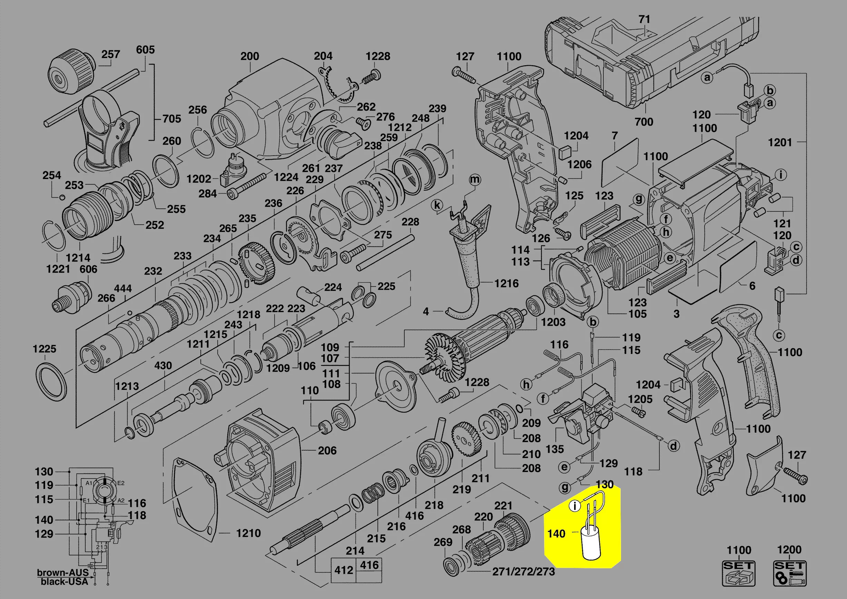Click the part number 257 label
point(111,54)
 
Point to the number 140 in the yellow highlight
point(556,534)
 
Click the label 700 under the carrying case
point(644,122)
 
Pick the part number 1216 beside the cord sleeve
point(506,283)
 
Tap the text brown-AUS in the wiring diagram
point(63,573)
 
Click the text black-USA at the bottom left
point(64,582)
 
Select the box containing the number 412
point(344,570)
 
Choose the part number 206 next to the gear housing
point(327,450)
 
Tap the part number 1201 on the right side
point(780,142)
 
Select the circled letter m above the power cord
point(475,180)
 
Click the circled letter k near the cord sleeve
point(437,205)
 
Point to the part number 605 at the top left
point(145,49)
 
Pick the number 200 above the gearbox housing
point(250,57)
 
